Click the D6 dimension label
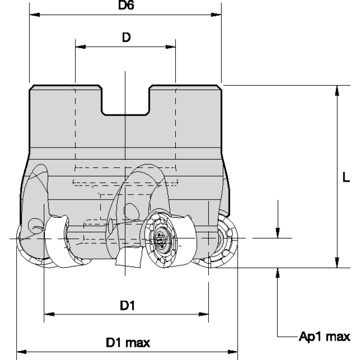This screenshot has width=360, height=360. click(125, 5)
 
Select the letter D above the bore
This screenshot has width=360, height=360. click(126, 37)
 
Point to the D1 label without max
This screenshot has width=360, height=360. click(127, 305)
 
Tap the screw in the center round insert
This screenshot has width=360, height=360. click(160, 241)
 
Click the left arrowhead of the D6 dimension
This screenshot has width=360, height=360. click(34, 14)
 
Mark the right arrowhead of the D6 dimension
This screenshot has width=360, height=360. click(217, 14)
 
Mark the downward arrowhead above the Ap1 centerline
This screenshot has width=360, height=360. click(278, 233)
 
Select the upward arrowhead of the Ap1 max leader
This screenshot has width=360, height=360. click(278, 272)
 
